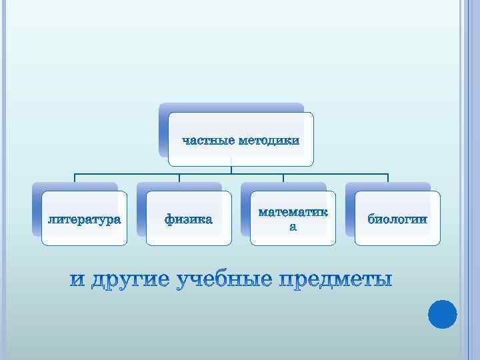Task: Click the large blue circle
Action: (441, 313)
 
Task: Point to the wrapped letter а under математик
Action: (293, 227)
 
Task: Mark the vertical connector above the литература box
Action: (75, 178)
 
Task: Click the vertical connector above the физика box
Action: (179, 178)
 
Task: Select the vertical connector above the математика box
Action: (283, 178)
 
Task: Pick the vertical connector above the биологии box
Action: (388, 178)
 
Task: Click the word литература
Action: (84, 219)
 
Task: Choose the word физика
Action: (189, 219)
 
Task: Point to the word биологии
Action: (397, 219)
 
